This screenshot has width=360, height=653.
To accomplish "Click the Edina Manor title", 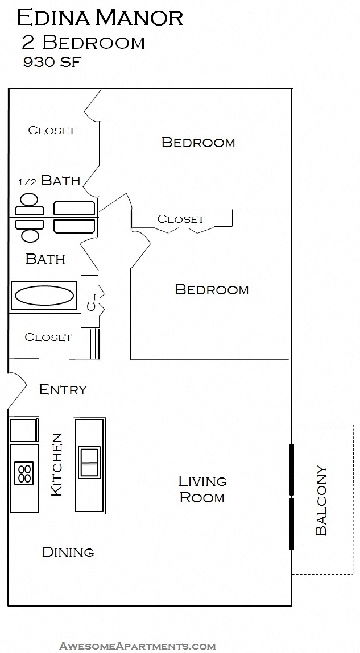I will (100, 18).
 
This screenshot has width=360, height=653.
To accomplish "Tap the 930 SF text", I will (52, 63).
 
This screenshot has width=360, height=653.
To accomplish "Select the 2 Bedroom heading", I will (84, 43).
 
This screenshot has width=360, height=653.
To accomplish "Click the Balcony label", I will (321, 501).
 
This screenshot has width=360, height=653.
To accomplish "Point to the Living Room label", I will (202, 489).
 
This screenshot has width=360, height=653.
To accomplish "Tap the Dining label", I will (68, 552).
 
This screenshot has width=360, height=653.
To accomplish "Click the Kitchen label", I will (57, 464).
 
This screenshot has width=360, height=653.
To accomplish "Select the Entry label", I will (63, 390).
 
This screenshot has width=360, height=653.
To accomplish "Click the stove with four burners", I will (24, 473).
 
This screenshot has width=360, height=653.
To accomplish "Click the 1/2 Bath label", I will (49, 181).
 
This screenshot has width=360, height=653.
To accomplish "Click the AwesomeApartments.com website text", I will (138, 646).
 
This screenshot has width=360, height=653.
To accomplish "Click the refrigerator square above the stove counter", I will (23, 430).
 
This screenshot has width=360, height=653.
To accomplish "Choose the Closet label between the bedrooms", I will (180, 219).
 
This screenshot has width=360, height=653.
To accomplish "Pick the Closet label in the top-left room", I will (51, 130).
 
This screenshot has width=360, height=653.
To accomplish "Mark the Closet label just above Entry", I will (48, 338).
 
